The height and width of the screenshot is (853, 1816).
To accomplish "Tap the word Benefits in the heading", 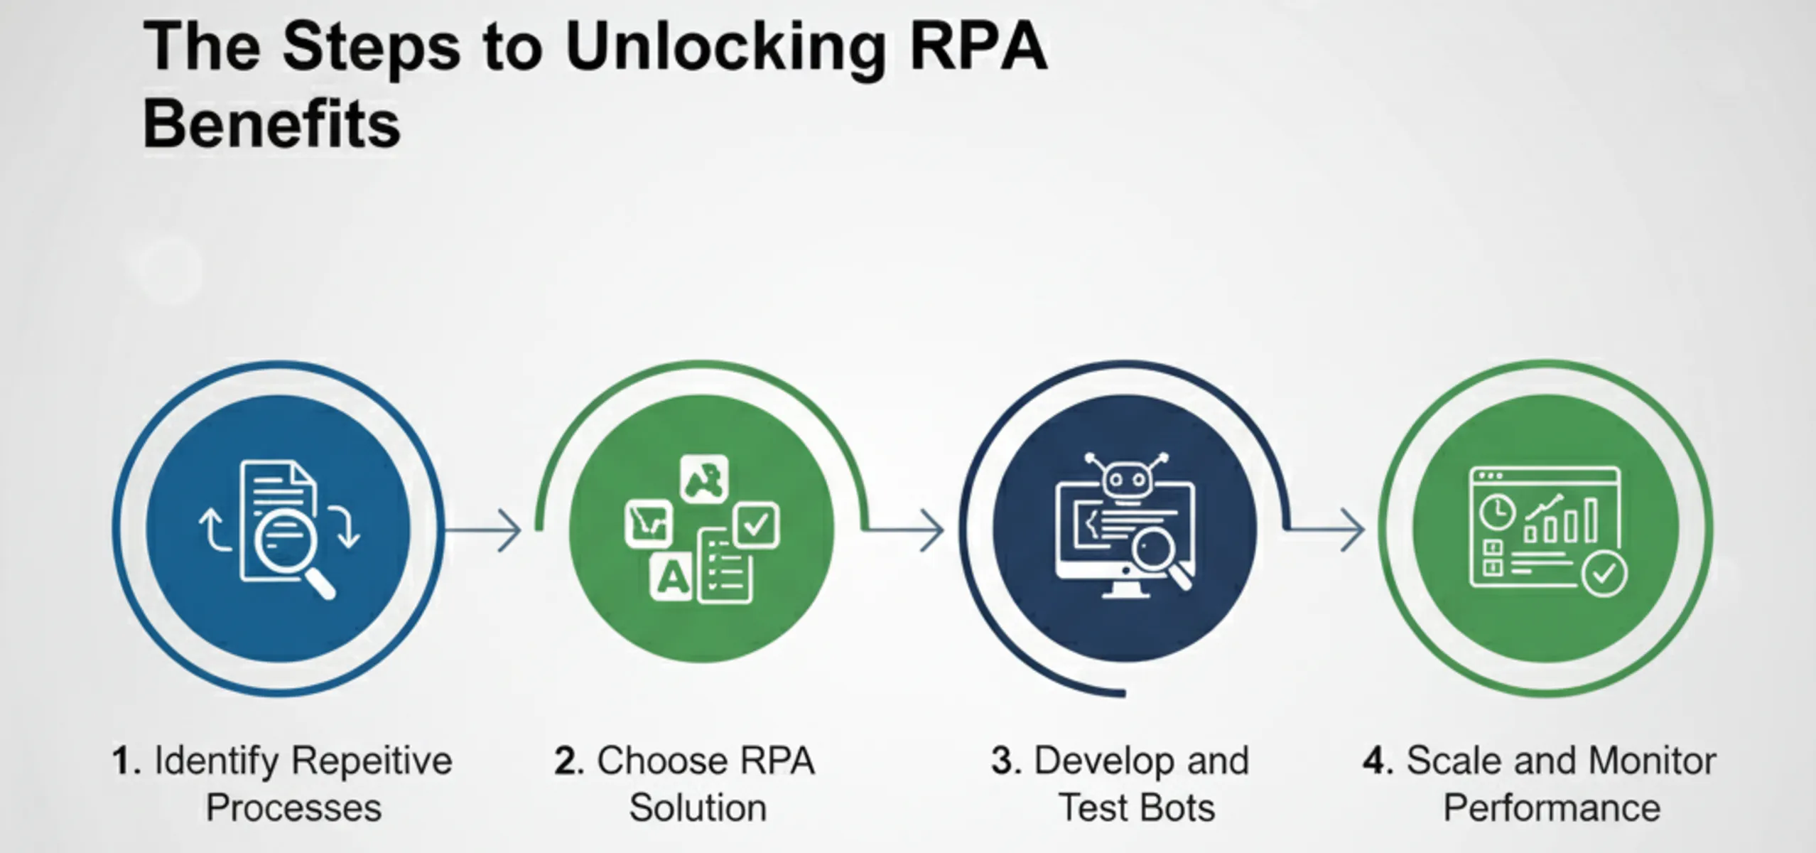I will coord(271,125).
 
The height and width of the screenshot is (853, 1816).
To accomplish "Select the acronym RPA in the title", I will coord(978,48).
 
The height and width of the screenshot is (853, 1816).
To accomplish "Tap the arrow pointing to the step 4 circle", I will coord(1326,530).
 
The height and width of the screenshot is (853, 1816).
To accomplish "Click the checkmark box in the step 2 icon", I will coord(755,525).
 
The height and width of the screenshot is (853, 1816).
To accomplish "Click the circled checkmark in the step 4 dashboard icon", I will coord(1604,573).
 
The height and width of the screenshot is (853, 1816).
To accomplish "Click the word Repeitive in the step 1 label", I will coord(372,761).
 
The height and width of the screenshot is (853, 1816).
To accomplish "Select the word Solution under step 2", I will coord(698,808).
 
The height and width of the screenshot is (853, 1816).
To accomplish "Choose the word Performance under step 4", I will coord(1552,808).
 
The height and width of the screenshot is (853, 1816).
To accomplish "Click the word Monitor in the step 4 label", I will coord(1652,761).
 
